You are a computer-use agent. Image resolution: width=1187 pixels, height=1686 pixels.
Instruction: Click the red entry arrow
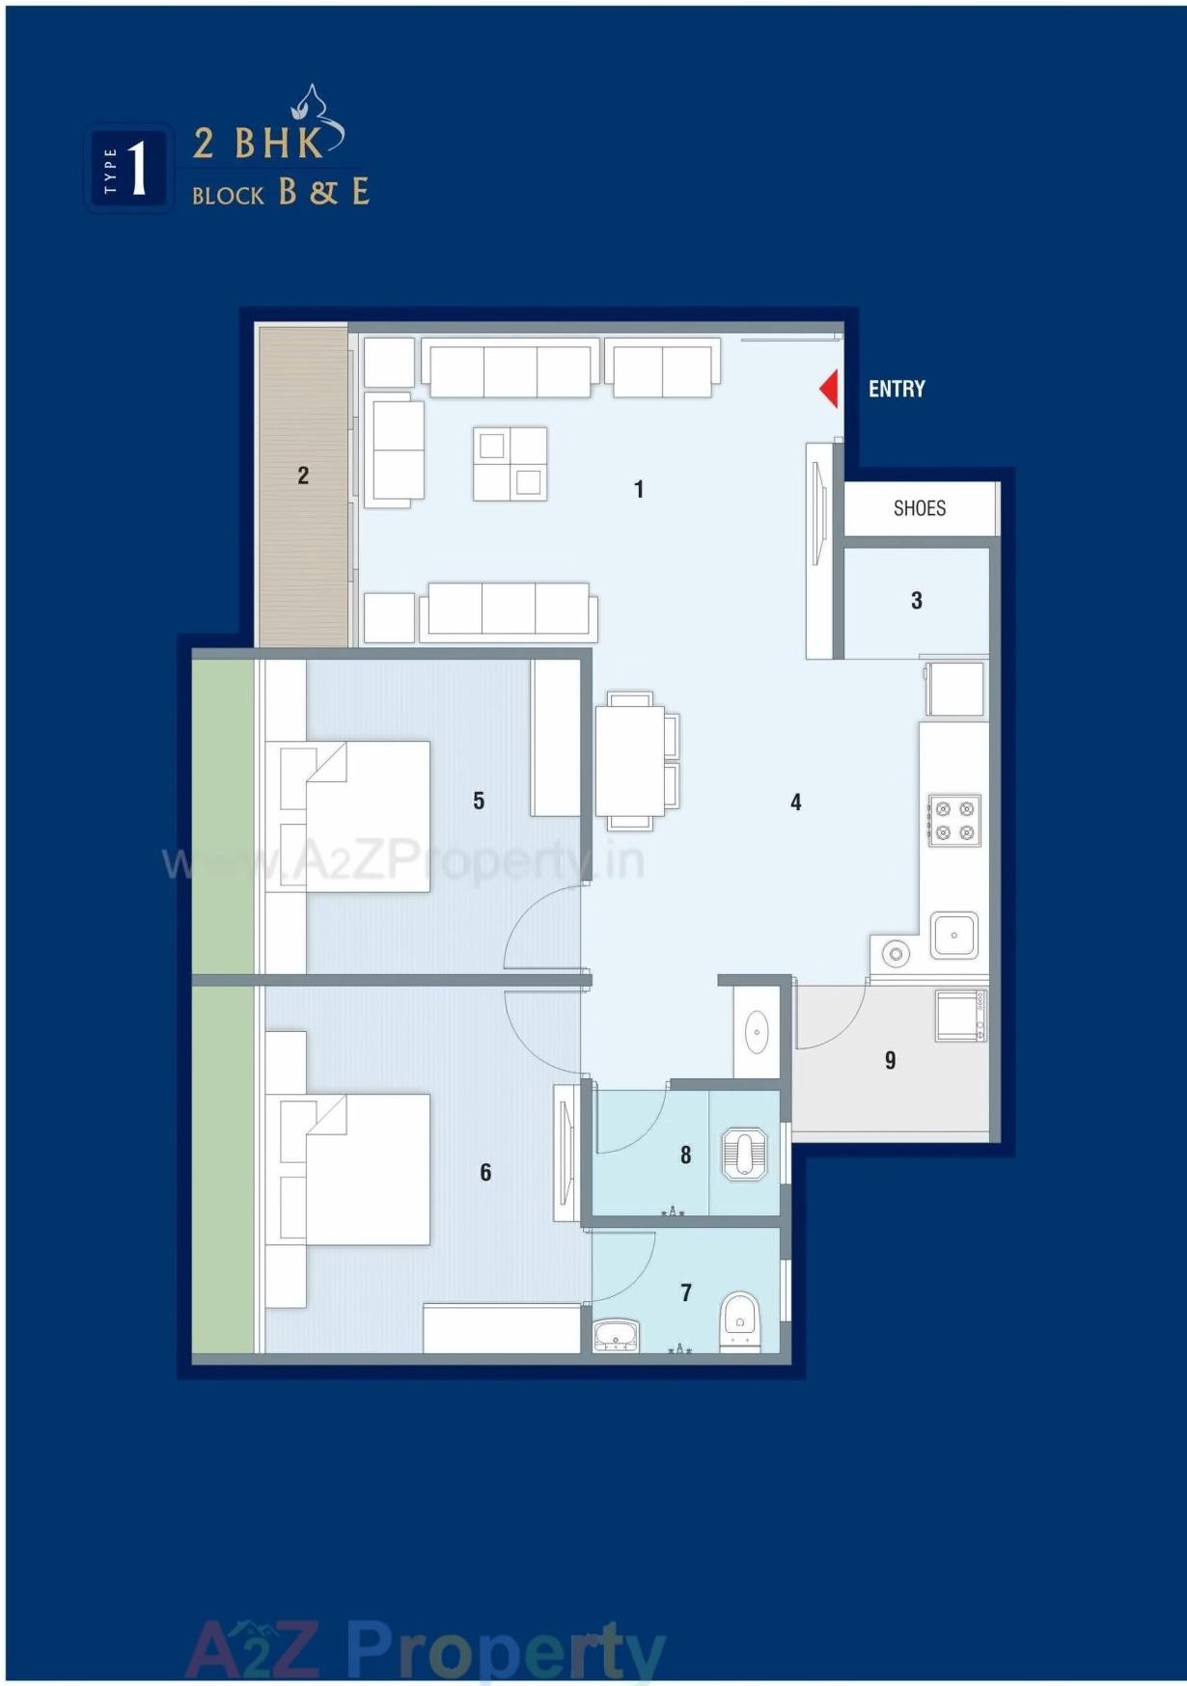coord(829,389)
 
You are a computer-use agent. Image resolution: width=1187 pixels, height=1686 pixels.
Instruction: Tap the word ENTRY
coord(897,389)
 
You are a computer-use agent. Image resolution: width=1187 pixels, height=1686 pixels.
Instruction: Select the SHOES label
coord(919,508)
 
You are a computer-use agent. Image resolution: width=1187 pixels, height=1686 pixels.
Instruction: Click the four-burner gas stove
coord(953,820)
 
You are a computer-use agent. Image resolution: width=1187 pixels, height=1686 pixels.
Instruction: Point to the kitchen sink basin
coord(953,935)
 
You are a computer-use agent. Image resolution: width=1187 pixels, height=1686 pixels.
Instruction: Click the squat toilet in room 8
coord(744,1154)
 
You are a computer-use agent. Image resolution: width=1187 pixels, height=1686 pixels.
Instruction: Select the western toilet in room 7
coord(740,1320)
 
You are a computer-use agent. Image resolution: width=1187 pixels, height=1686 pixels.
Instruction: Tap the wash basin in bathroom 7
coord(616,1336)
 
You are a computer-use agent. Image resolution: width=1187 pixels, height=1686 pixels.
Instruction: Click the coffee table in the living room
coord(510,464)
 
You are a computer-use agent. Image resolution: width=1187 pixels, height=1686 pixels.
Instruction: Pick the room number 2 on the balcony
coord(303,475)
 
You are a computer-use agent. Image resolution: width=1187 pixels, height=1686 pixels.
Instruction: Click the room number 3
coord(916,600)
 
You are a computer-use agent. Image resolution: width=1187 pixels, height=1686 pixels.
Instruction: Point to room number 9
coord(890,1060)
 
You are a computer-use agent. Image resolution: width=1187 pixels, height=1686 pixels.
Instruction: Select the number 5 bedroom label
coord(479,800)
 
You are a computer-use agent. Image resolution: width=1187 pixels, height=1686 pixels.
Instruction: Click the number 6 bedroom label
coord(485,1171)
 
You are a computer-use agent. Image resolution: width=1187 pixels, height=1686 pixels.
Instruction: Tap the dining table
coord(629,761)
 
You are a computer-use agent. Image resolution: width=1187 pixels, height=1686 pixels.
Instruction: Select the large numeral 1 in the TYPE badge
coord(137,169)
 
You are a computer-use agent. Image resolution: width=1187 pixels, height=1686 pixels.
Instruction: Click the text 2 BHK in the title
coord(259,144)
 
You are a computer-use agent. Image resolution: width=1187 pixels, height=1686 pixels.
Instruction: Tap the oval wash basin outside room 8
coord(757,1031)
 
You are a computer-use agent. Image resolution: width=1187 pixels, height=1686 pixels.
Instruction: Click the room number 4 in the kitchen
coord(795,802)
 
